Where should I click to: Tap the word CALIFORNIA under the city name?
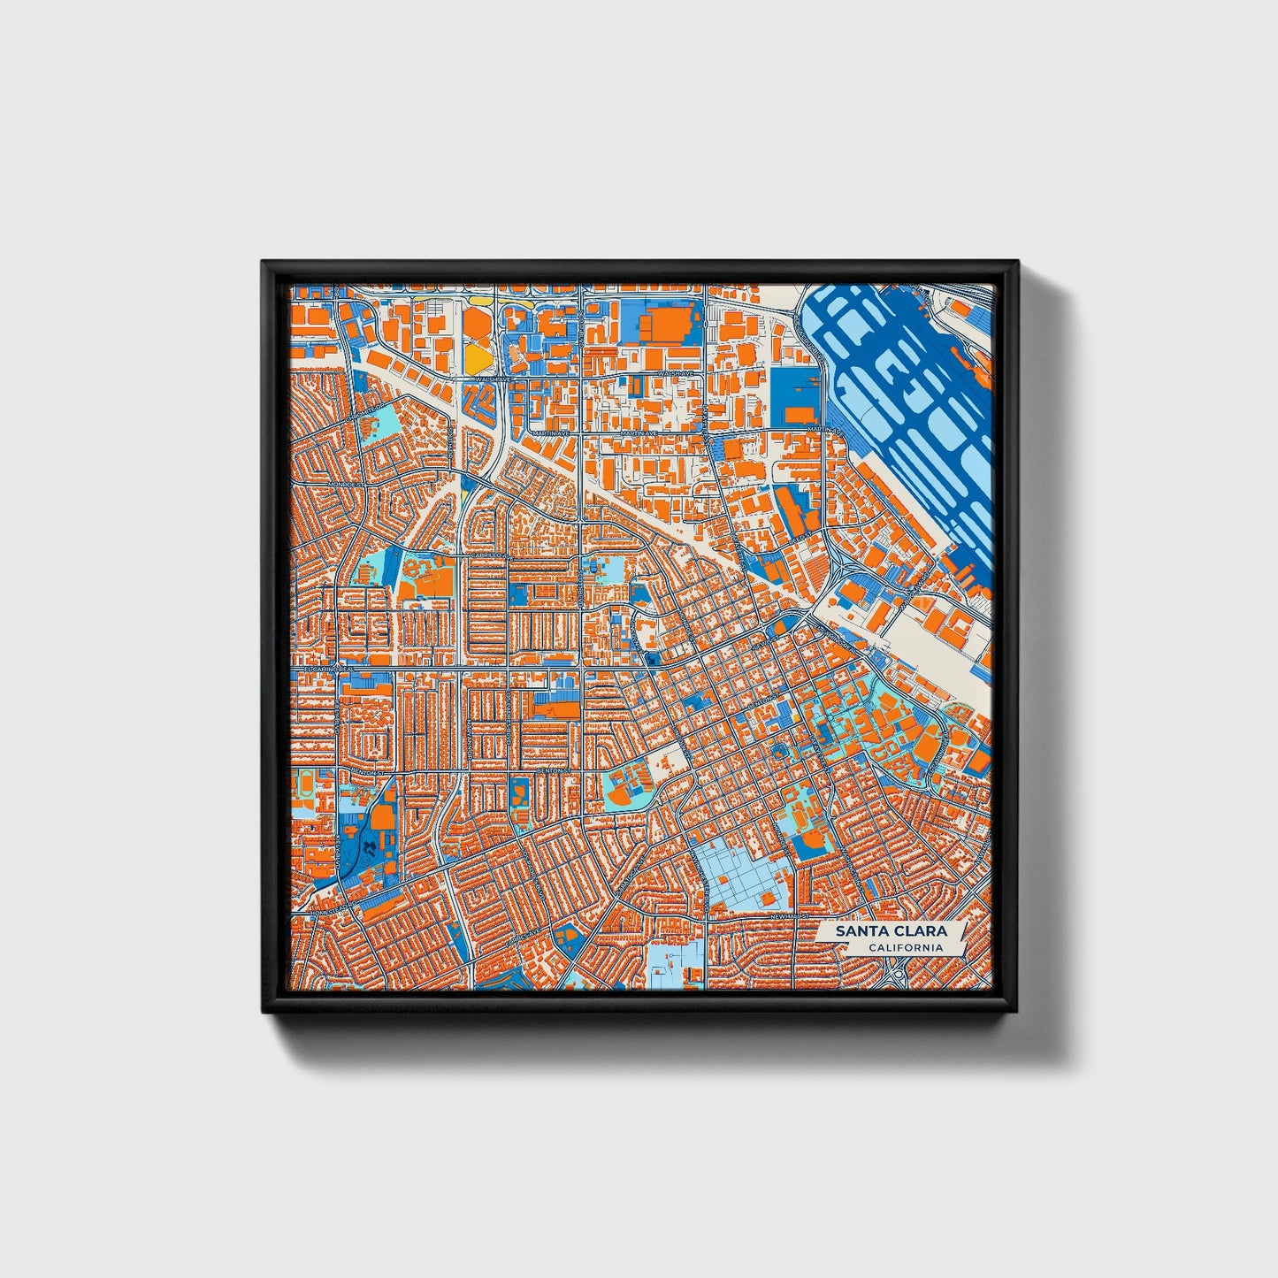click(x=904, y=948)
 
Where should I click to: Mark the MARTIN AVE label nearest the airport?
click(x=823, y=430)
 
